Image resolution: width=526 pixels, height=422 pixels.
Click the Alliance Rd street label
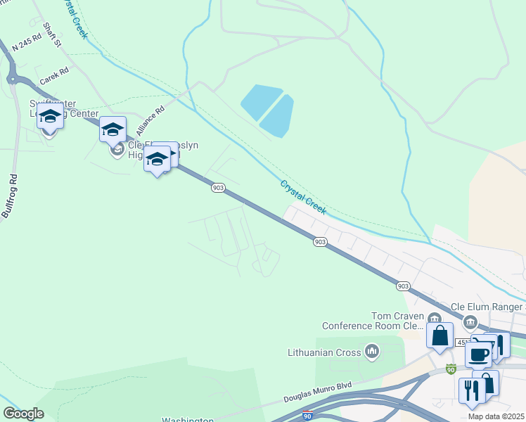coord(150,121)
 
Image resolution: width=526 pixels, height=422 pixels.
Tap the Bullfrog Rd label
coord(9,196)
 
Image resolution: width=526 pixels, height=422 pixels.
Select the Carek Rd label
coord(54,76)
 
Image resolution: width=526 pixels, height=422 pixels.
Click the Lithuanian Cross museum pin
coord(372,351)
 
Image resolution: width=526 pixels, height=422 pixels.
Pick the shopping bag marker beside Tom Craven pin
coord(440,335)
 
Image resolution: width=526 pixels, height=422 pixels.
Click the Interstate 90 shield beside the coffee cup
coord(451,369)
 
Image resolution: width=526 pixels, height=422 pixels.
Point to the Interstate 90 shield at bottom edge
coord(307,416)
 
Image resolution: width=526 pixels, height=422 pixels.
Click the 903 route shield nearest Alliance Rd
coord(218,187)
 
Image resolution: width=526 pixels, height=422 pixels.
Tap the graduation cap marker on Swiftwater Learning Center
coord(50,116)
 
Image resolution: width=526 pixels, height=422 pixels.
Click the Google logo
coord(23,414)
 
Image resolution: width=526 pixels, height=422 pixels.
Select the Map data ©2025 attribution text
coord(496,416)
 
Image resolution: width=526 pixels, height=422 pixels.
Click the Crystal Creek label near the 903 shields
coord(303,198)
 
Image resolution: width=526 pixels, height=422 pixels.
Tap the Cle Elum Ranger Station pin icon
coord(471,321)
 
